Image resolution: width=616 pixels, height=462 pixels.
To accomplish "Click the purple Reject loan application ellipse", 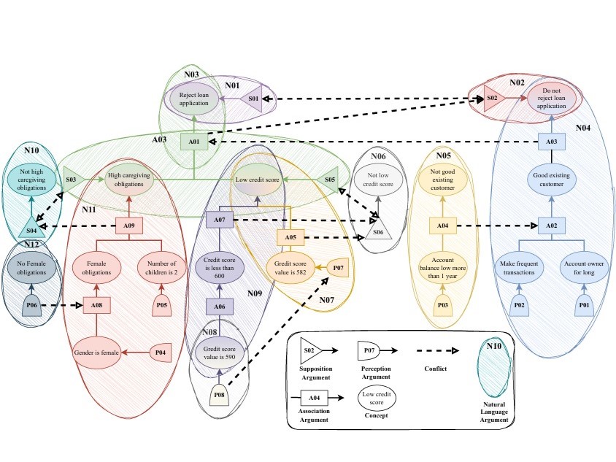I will [x=193, y=99].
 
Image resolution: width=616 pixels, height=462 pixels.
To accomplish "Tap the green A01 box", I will [x=193, y=142].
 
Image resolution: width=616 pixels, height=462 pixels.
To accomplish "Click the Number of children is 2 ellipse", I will [x=161, y=267].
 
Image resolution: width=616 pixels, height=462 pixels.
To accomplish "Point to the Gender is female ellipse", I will [x=96, y=353].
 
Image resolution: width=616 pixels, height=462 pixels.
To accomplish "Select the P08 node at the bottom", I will [x=220, y=396].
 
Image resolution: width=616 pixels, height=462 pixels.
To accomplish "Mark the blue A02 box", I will [x=551, y=226].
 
